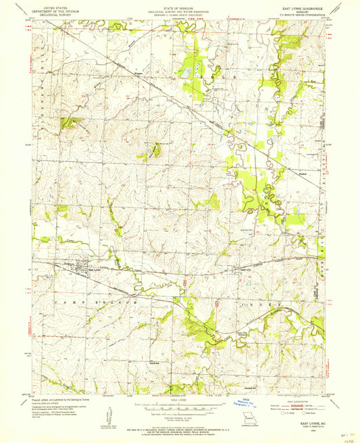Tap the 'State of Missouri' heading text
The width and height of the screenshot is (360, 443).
181,6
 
